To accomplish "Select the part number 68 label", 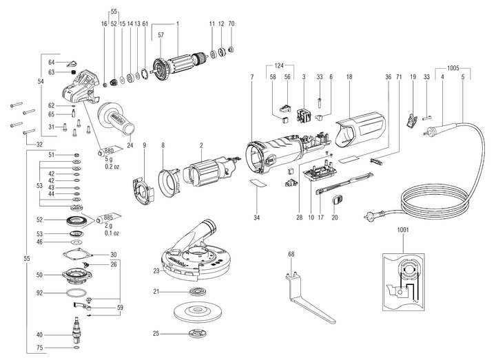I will tap(291, 255).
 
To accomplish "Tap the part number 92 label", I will tap(41, 293).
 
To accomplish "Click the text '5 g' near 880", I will tap(110, 159).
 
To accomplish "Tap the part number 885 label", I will tap(108, 217).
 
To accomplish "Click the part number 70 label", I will tap(231, 23).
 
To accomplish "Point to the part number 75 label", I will tap(41, 348).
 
